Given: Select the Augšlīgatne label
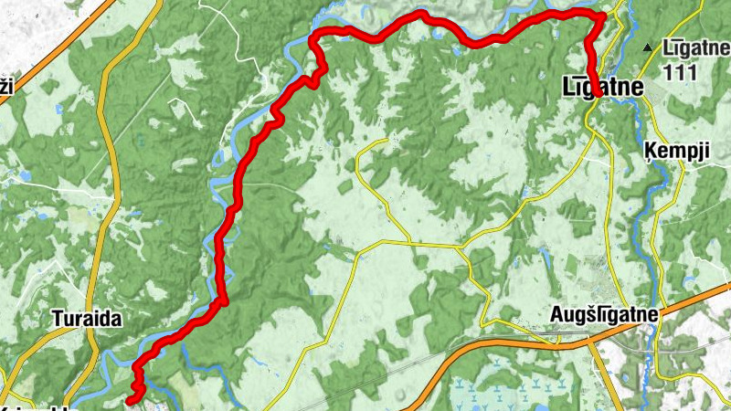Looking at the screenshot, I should (x=605, y=314).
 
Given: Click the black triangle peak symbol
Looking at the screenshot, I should (x=648, y=47).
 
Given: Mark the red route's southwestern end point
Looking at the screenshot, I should (x=131, y=399).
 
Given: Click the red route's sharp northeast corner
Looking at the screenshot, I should (x=603, y=16).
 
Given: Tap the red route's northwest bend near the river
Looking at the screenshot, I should (x=315, y=38).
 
